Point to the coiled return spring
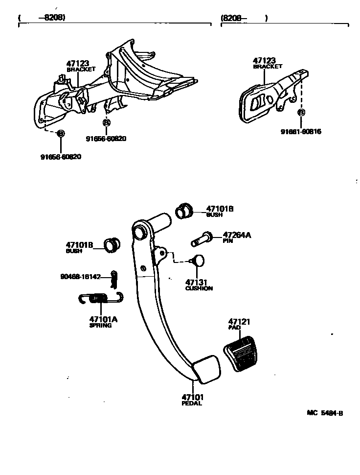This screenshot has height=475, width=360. click(100, 297)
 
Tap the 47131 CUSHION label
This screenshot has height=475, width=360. click(199, 285)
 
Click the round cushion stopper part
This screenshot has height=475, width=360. click(198, 260)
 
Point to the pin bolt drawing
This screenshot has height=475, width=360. click(201, 240)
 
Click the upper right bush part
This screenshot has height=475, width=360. click(183, 211)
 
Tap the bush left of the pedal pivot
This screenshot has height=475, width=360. click(112, 243)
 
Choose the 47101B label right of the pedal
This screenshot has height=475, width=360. click(219, 211)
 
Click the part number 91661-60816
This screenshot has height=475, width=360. click(301, 132)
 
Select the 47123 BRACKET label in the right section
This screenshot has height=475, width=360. click(267, 63)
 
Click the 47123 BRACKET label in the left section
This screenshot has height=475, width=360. click(80, 66)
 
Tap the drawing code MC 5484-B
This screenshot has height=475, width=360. click(325, 413)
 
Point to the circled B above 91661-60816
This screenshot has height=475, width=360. click(301, 113)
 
